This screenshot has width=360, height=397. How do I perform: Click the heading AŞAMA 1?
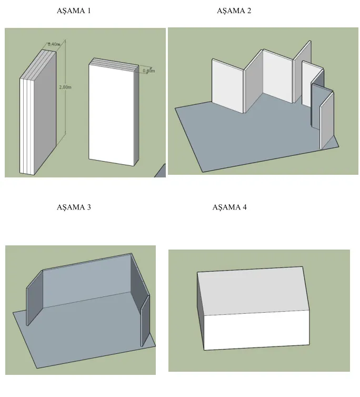[x=74, y=11]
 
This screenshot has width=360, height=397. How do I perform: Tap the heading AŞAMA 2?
[x=234, y=11]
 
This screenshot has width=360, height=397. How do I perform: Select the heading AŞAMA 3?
[x=74, y=207]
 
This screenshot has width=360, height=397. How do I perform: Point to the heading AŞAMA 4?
[x=229, y=207]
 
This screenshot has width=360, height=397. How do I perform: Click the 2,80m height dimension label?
[x=65, y=87]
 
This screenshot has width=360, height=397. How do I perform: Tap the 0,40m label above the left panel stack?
[x=54, y=44]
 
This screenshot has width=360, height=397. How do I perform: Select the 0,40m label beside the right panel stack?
[x=149, y=71]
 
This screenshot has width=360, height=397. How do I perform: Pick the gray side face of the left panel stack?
[x=45, y=112]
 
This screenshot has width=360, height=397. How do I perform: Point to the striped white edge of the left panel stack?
[x=27, y=126]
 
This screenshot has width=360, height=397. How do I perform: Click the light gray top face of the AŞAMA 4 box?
[x=253, y=291]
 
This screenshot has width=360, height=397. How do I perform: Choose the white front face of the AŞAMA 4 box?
[x=256, y=330]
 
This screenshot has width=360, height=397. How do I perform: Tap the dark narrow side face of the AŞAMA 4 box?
[x=201, y=311]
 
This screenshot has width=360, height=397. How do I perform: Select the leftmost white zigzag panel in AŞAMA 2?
[x=227, y=86]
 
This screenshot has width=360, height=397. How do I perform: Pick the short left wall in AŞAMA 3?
[x=34, y=298]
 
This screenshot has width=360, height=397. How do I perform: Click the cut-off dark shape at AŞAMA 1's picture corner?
[x=161, y=172]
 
